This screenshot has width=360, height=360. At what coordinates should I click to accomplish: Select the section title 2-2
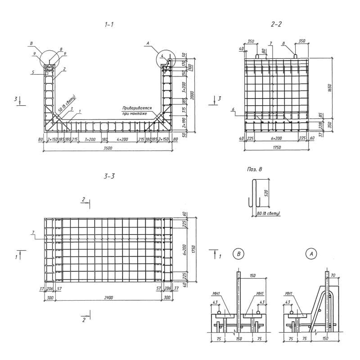pos(276,24)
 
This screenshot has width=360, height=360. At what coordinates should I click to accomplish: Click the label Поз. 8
pos(254,170)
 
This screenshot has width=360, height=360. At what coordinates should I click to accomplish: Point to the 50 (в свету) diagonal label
pos(67,105)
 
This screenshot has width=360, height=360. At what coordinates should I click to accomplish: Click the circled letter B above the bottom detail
pos(239,254)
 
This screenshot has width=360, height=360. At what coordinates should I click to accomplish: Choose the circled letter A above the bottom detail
pos(310,254)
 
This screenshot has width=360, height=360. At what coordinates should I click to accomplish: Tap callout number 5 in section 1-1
pos(33,72)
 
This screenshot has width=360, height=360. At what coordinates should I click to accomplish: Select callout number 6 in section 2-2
pos(234,109)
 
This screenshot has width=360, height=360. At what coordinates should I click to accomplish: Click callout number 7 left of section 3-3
pos(33,232)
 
